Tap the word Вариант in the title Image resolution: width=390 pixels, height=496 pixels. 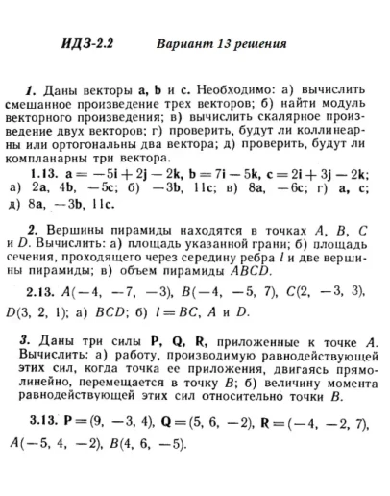point(183,45)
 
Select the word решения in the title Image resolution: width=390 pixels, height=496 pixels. point(256,45)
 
